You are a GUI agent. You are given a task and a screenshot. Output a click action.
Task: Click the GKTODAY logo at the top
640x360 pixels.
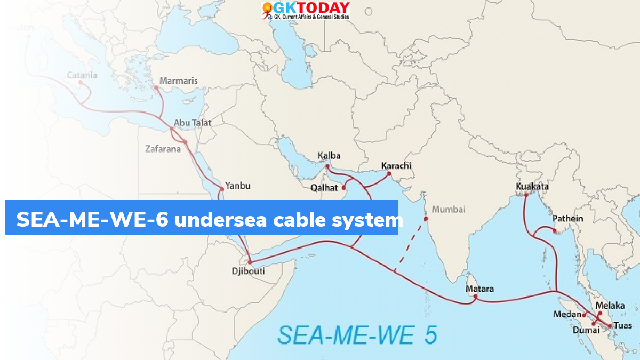(306, 11)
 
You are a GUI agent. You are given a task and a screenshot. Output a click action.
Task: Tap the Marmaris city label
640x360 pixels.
(179, 81)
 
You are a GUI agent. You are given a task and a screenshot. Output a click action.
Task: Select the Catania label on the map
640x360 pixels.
(82, 75)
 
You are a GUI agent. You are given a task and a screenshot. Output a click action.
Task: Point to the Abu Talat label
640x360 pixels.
(193, 123)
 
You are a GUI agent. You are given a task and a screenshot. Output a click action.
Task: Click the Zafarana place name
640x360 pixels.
(163, 149)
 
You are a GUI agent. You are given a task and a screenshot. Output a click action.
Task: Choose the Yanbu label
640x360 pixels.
(237, 186)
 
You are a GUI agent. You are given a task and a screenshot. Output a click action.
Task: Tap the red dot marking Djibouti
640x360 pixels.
(249, 262)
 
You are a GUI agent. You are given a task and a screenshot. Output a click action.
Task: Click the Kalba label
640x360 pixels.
(329, 156)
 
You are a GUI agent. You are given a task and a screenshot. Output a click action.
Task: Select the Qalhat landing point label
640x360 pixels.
(324, 188)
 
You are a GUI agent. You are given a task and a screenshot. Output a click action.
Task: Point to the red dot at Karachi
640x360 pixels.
(389, 173)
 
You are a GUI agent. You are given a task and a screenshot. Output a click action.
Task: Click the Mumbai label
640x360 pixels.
(449, 210)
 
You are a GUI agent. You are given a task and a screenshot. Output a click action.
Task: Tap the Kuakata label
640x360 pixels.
(532, 187)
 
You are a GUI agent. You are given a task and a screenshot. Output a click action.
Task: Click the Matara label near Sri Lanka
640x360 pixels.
(479, 289)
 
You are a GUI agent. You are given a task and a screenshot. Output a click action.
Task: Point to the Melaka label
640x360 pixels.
(610, 306)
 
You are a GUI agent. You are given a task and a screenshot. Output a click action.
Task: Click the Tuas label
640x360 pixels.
(622, 325)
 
